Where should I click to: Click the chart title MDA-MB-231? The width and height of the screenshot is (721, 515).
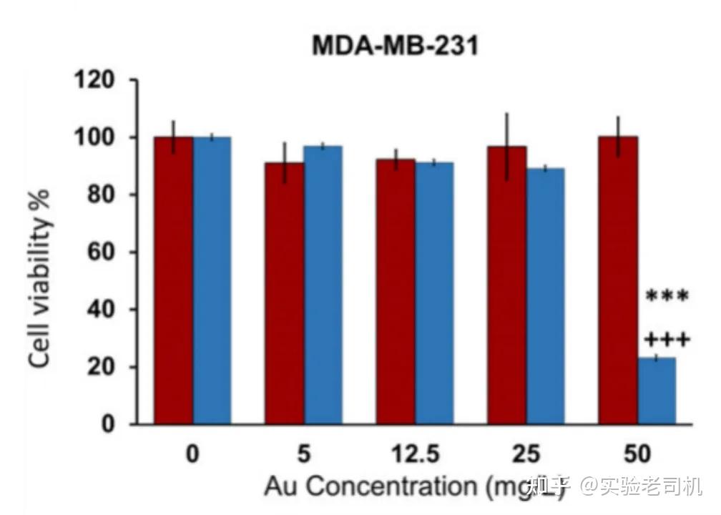coord(394,46)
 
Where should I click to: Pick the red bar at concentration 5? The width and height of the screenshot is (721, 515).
coord(285,293)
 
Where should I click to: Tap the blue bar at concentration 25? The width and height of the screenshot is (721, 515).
coord(545,296)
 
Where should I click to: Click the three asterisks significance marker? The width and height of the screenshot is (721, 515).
coord(667,296)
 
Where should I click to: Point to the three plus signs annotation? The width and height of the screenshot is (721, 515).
coord(667,339)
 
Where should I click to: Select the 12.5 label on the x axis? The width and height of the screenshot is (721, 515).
coord(415,454)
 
